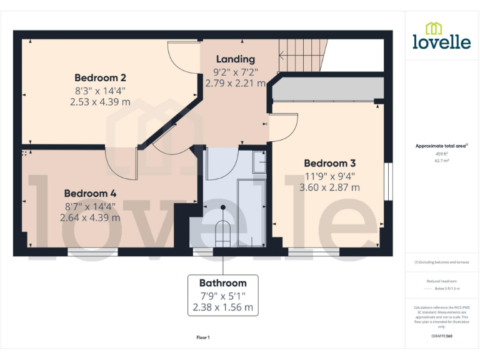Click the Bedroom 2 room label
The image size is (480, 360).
click(100, 78)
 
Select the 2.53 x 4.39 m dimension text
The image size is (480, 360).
click(100, 102)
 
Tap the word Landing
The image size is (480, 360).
click(235, 59)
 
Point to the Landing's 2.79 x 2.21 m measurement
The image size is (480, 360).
click(235, 83)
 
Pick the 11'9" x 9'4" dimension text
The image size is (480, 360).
click(329, 176)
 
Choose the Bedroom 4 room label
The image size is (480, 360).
click(90, 194)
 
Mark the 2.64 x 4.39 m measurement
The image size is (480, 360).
click(90, 218)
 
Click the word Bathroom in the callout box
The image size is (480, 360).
click(222, 282)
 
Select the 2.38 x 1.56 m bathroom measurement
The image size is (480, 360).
click(222, 307)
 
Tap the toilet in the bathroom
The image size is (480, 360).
click(222, 234)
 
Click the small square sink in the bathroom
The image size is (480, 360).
click(259, 162)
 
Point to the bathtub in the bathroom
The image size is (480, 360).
click(252, 212)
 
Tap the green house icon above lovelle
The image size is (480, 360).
click(434, 28)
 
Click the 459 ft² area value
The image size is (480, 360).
click(441, 154)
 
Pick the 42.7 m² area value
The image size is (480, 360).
click(441, 161)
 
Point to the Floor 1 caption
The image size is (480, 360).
click(203, 337)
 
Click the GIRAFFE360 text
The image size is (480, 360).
click(441, 336)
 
